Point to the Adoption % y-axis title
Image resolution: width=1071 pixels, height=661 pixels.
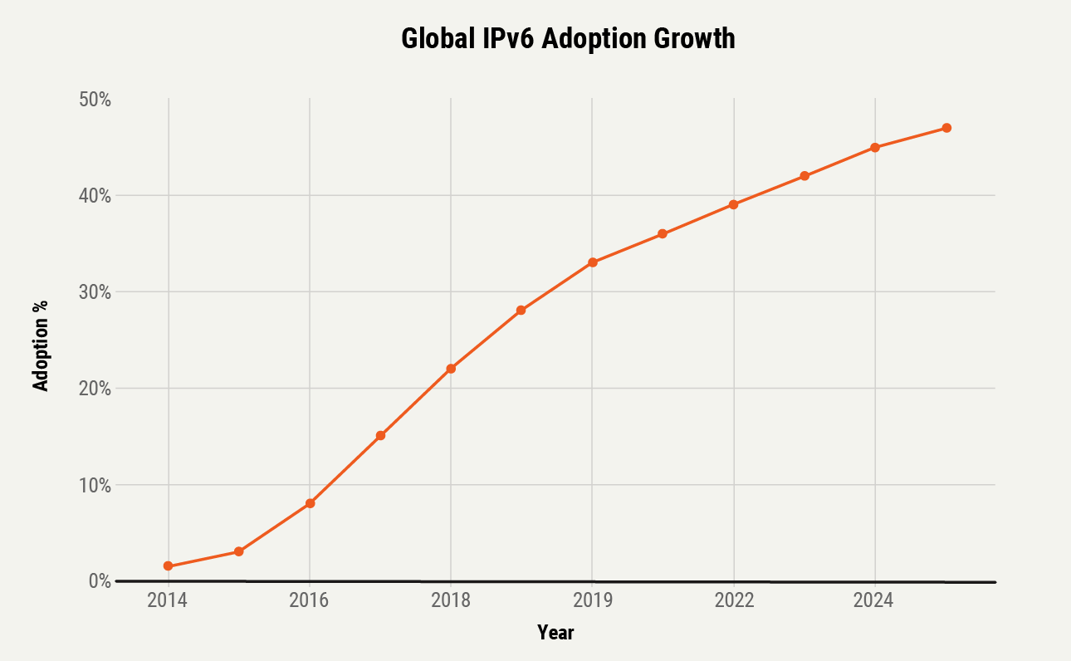coord(40,345)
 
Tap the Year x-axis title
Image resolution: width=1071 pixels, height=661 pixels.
coord(555,633)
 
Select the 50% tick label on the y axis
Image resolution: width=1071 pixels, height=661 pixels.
coord(95,100)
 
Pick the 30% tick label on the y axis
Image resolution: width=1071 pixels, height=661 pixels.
coord(95,292)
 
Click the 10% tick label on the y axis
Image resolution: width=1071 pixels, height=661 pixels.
coord(95,485)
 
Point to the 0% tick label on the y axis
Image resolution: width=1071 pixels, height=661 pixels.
coord(100,581)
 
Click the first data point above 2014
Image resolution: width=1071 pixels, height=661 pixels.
coord(169,566)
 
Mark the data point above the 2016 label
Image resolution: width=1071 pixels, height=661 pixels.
coord(310,503)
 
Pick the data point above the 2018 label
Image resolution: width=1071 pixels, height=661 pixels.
coord(451,369)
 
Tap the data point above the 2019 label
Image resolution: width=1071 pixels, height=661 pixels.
coord(593,262)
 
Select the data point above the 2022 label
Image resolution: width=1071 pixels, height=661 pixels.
coord(734,204)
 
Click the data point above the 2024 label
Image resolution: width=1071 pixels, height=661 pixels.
coord(875,147)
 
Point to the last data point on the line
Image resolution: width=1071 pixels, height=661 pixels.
coord(946,128)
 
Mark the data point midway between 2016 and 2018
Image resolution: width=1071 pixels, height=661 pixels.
coord(380,436)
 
